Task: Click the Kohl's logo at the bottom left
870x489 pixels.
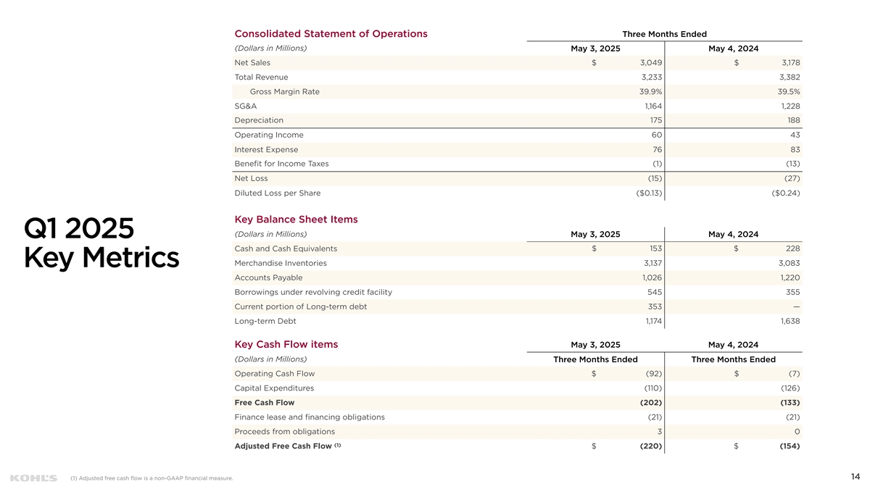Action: click(x=33, y=478)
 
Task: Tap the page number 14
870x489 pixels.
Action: click(x=855, y=476)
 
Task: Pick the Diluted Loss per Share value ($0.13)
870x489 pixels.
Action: click(x=648, y=193)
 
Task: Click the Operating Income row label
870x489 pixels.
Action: click(x=269, y=135)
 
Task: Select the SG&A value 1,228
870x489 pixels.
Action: click(x=788, y=106)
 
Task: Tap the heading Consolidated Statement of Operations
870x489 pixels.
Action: click(x=331, y=33)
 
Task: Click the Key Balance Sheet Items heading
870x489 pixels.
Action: click(x=296, y=220)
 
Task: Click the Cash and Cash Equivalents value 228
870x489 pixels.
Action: click(x=792, y=248)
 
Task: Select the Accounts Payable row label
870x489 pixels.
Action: click(x=268, y=277)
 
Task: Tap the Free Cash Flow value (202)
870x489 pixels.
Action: click(x=647, y=403)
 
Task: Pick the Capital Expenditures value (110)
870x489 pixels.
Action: click(x=648, y=388)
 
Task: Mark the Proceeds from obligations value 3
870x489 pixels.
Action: click(x=658, y=432)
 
